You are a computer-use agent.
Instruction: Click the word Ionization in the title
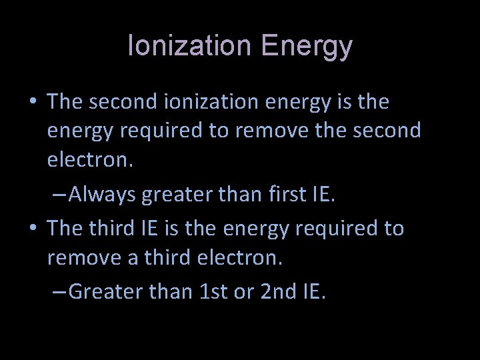188,47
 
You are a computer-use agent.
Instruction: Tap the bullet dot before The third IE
33,229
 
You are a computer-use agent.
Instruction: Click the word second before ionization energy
124,103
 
